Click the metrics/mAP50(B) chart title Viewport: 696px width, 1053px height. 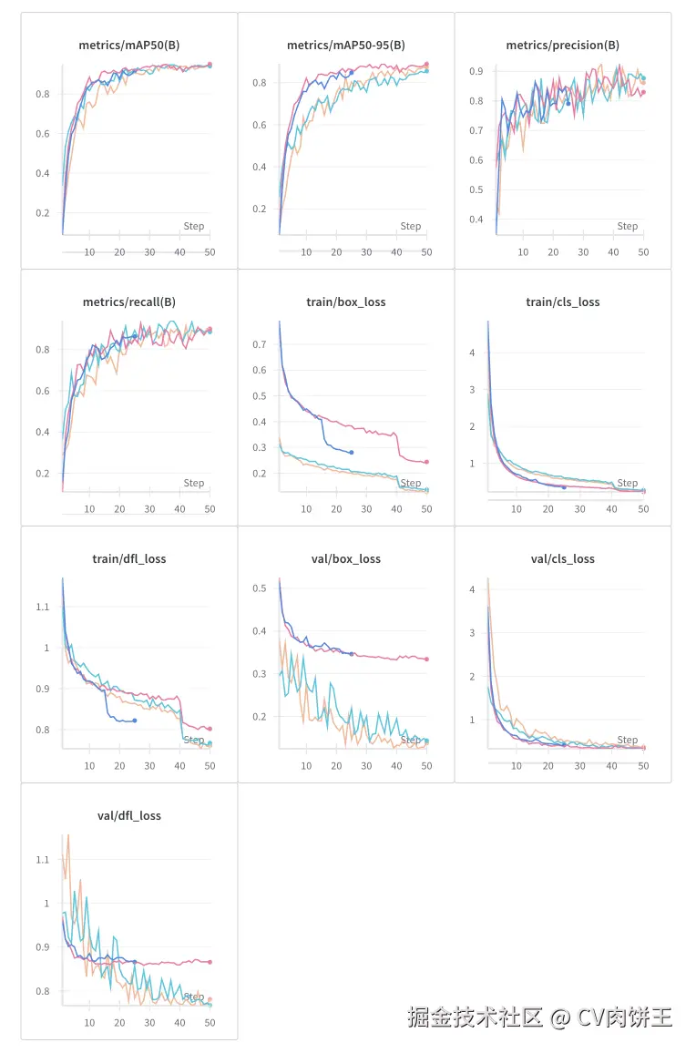[128, 45]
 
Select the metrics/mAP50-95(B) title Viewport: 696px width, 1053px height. [346, 45]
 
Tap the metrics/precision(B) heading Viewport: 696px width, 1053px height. [563, 45]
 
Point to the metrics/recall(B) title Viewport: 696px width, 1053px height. [128, 302]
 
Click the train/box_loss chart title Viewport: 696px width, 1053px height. [346, 302]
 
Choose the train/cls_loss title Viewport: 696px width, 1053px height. [563, 302]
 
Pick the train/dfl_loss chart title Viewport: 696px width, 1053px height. [128, 558]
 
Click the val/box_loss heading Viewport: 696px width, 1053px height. [346, 558]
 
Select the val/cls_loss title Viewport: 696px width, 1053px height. [563, 558]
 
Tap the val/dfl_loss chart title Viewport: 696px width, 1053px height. [128, 815]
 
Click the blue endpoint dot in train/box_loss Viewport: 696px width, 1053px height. [352, 452]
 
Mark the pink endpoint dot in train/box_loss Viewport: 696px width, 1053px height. [426, 462]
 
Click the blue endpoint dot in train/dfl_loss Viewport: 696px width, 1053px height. [135, 721]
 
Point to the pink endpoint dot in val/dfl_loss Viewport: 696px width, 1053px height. [210, 962]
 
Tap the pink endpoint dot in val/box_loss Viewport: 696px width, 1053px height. [426, 659]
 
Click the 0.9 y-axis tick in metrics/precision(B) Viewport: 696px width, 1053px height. [500, 71]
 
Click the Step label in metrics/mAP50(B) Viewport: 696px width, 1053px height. [194, 226]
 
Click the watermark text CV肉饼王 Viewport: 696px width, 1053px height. [624, 1017]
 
